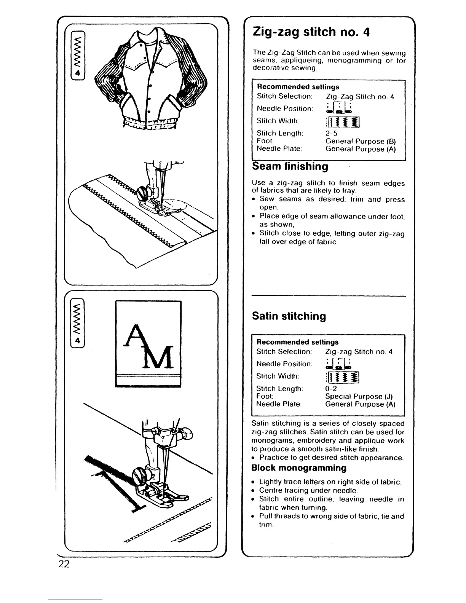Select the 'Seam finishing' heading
[290, 166]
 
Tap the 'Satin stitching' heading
[289, 316]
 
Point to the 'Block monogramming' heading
[299, 467]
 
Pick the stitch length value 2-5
[331, 134]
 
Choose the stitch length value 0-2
[331, 389]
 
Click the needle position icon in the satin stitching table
[338, 364]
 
